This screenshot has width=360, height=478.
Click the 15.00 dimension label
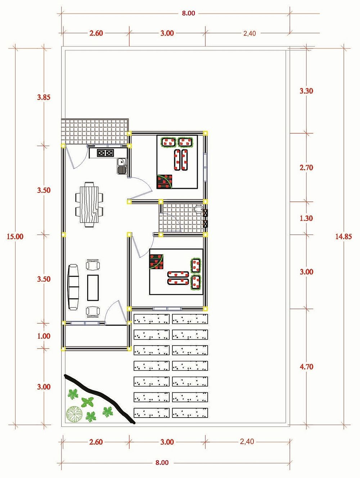click(x=15, y=236)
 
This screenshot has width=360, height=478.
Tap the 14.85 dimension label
click(x=343, y=236)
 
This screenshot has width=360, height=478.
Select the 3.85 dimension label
click(x=44, y=97)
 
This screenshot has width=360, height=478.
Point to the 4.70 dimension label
click(x=306, y=367)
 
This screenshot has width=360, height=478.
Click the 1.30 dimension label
click(x=306, y=218)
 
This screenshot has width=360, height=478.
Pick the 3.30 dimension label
click(x=306, y=91)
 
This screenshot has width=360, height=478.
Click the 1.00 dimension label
click(x=44, y=336)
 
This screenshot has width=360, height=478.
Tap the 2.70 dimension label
click(x=306, y=168)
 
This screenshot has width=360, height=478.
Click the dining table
click(x=89, y=205)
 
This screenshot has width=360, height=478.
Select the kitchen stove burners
click(x=105, y=153)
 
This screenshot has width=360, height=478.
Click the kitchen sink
click(x=122, y=166)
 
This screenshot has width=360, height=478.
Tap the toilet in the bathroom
click(x=198, y=209)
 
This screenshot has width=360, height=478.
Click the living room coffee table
click(x=93, y=288)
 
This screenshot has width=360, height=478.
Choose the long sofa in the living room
click(x=74, y=287)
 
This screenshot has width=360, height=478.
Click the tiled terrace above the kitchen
click(x=95, y=131)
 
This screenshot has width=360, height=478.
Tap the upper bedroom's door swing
click(x=141, y=187)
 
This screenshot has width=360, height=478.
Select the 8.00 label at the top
click(x=189, y=13)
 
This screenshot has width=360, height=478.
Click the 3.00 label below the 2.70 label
click(x=306, y=272)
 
